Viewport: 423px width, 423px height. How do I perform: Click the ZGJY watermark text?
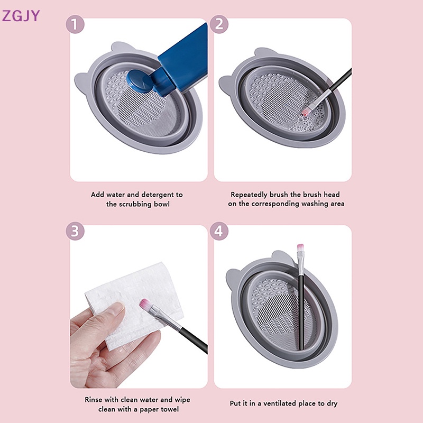[x=21, y=16]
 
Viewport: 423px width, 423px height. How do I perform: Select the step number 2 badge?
[x=219, y=25]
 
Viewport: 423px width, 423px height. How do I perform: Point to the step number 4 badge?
[x=219, y=231]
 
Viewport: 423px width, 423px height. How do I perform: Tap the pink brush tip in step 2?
[x=305, y=112]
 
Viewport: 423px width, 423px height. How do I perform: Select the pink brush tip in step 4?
[x=301, y=249]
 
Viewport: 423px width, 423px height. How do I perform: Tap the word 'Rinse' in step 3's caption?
[x=94, y=400]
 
